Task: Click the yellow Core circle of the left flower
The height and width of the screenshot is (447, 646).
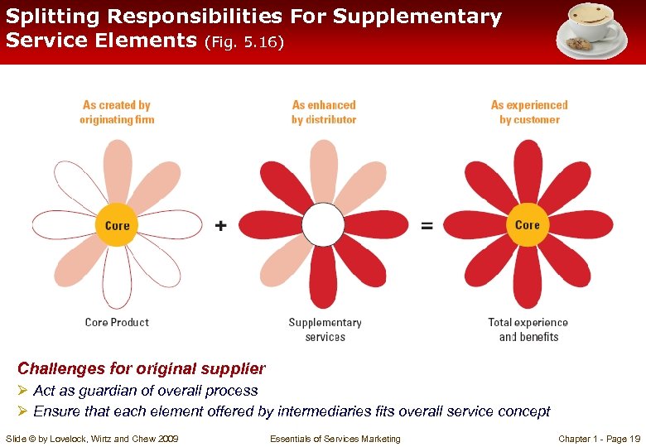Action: click(118, 225)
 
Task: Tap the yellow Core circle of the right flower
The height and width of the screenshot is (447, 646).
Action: click(528, 224)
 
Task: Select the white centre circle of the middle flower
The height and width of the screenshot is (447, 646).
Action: click(323, 224)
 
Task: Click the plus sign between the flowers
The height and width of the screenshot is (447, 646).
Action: click(221, 225)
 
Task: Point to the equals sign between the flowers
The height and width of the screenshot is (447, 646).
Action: click(427, 225)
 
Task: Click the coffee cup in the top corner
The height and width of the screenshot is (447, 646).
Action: click(591, 28)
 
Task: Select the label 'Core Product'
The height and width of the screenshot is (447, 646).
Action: click(117, 322)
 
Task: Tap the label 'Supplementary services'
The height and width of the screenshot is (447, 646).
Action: click(325, 329)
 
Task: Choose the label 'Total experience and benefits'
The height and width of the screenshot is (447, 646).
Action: click(528, 329)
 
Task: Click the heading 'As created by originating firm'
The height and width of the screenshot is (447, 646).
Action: click(117, 112)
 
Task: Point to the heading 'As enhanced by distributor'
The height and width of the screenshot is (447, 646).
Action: click(324, 112)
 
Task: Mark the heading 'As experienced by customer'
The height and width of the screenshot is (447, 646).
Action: click(529, 112)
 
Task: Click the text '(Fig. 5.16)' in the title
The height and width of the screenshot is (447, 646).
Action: click(243, 41)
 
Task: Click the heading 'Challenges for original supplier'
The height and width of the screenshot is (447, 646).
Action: click(142, 368)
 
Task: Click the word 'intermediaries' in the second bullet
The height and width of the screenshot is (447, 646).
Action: click(320, 411)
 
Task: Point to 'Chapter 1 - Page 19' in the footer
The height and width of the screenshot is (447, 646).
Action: click(600, 439)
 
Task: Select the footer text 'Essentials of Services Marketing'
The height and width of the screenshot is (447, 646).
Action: click(335, 439)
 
